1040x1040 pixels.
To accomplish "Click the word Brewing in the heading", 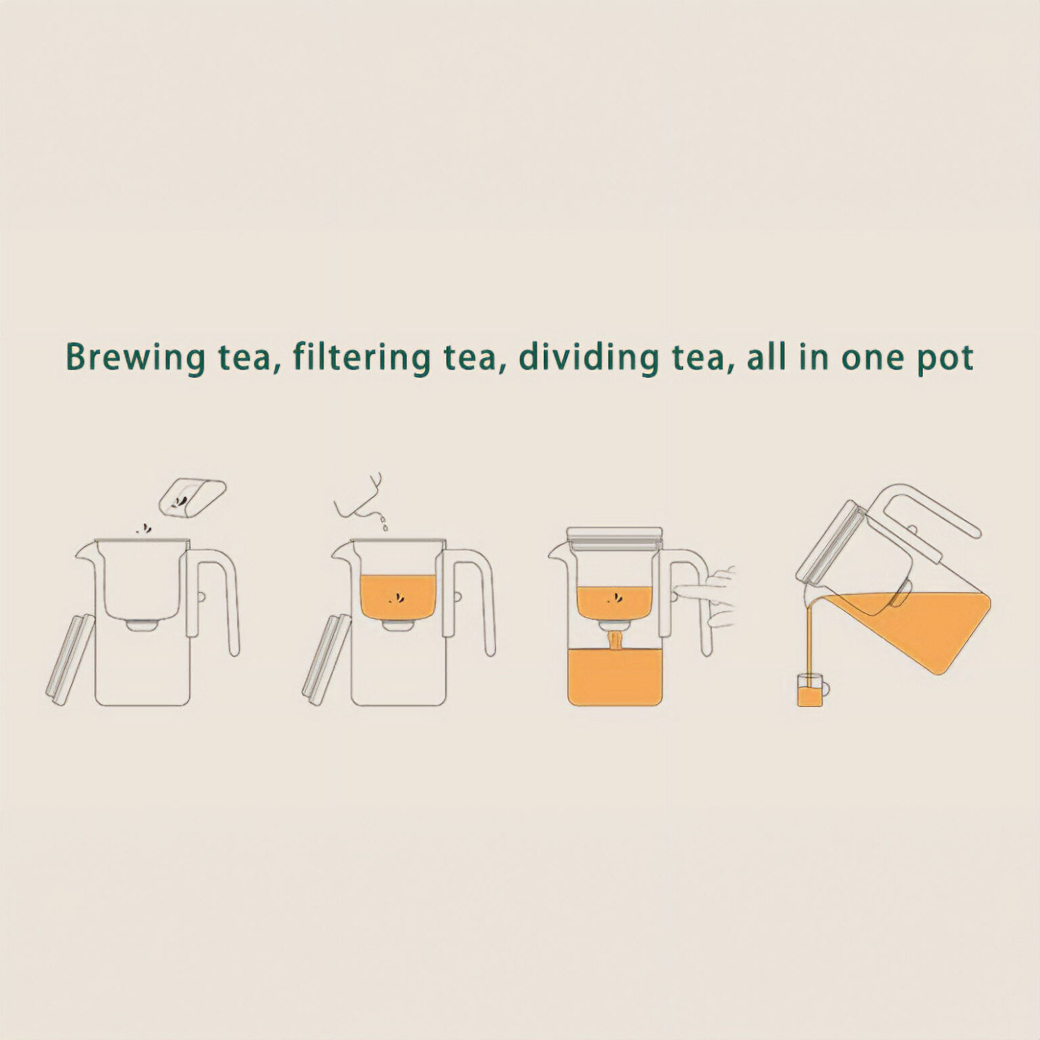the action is [134, 357].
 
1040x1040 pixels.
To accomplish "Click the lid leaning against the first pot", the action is [70, 660].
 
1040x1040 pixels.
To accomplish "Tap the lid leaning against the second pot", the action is [326, 660].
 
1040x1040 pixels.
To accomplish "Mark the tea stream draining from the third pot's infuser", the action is [615, 640].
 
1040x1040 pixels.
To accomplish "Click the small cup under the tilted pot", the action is [812, 691].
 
